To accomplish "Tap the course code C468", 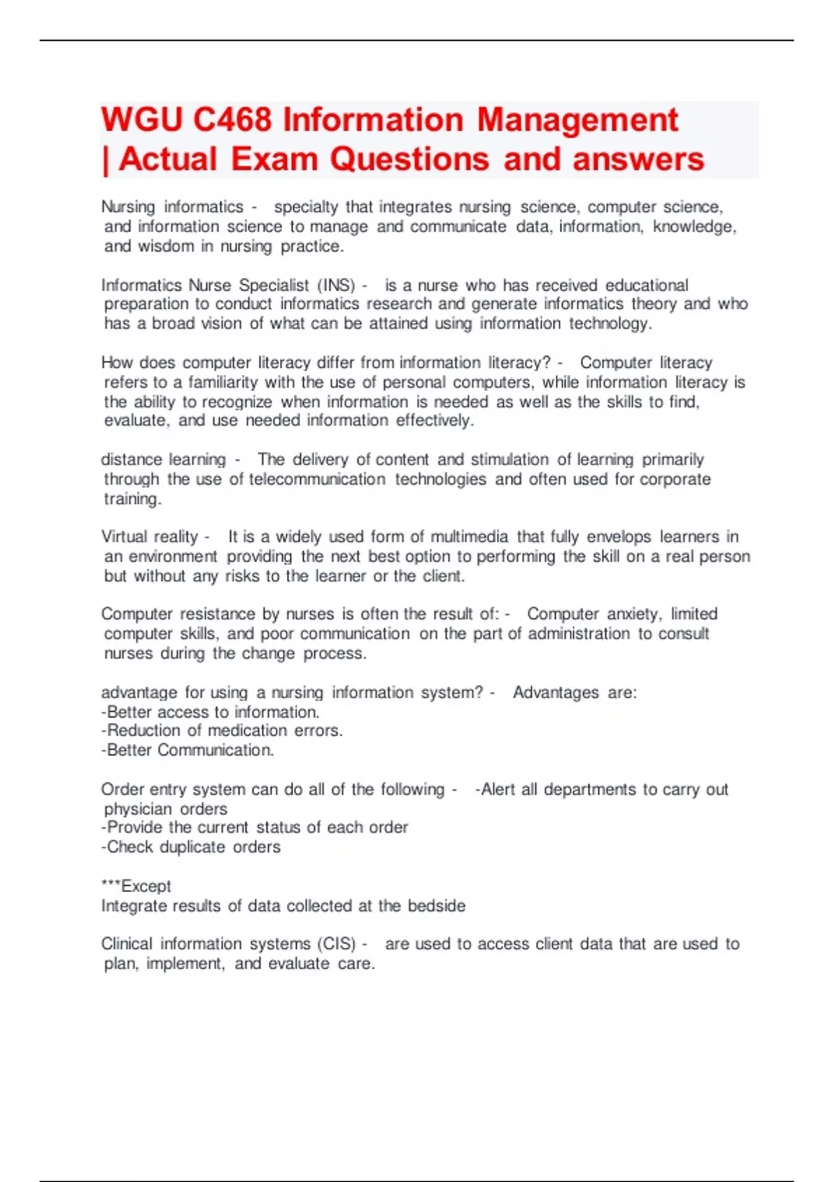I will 232,120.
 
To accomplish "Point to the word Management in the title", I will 577,120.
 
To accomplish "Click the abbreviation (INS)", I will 336,285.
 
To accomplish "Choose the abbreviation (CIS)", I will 336,944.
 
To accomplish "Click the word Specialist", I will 274,285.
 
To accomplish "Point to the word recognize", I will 237,402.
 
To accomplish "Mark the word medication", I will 247,731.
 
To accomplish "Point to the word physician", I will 134,809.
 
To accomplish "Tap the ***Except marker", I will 136,886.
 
